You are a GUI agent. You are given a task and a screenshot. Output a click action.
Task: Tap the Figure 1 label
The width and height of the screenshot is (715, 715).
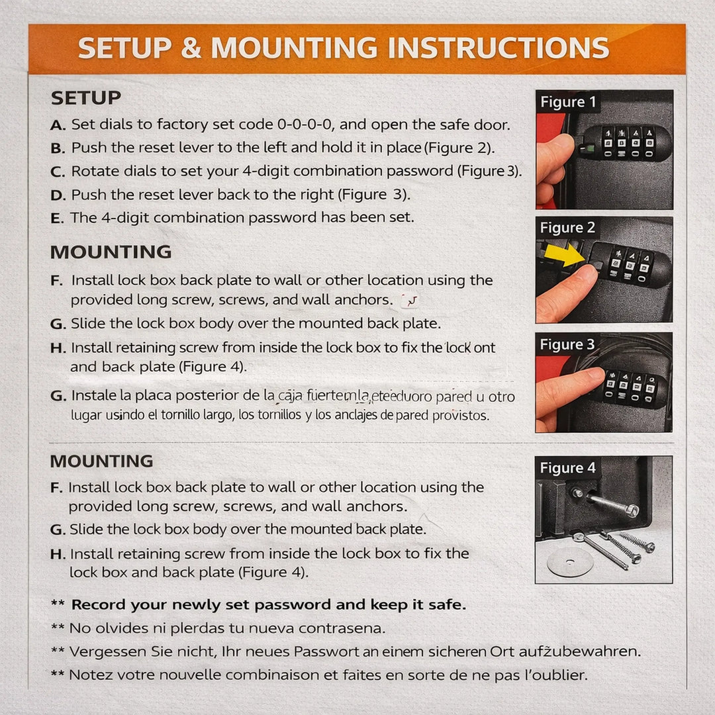[567, 102]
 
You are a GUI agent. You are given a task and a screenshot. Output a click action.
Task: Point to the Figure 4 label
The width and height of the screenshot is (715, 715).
[567, 468]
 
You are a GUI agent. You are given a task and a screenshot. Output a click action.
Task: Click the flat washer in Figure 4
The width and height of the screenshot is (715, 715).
[570, 563]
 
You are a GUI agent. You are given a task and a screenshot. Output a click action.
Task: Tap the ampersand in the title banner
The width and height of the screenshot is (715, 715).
[191, 48]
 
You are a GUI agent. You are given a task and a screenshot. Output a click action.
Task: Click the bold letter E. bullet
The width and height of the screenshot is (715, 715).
[57, 218]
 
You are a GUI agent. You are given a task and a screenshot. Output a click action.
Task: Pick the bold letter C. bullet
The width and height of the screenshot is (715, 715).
[58, 171]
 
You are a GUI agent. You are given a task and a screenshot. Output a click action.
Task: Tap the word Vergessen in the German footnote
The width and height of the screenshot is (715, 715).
[107, 651]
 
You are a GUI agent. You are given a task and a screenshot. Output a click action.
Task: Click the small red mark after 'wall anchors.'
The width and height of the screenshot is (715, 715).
[410, 301]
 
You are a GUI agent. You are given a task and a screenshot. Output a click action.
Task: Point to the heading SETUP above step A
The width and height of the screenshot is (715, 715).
[86, 98]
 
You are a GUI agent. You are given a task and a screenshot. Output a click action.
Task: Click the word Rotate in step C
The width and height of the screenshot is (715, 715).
[92, 171]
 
